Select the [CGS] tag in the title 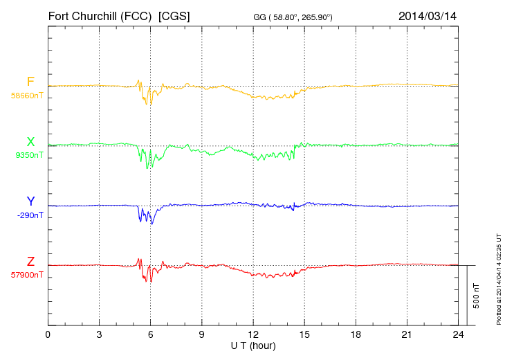[174, 15]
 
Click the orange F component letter [30, 82]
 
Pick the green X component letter [30, 142]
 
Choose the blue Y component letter [30, 201]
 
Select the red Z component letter [30, 262]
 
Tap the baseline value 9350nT [29, 156]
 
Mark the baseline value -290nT [29, 216]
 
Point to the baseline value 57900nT [27, 276]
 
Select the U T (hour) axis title [253, 345]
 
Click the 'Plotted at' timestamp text [499, 277]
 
